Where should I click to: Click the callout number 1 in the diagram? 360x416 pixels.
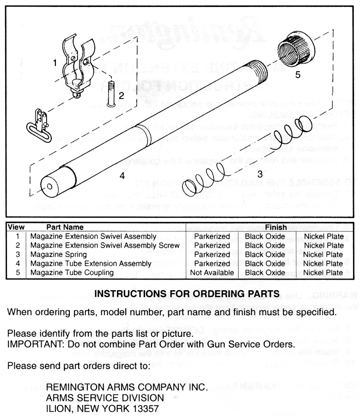click(55, 62)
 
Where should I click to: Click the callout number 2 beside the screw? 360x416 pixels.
click(121, 96)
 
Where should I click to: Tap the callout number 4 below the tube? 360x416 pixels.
click(122, 176)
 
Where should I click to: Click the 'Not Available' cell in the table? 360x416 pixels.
click(212, 272)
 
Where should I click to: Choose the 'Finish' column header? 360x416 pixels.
click(276, 227)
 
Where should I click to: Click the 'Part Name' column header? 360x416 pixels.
click(65, 227)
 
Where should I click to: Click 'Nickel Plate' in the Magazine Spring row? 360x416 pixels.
click(323, 254)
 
